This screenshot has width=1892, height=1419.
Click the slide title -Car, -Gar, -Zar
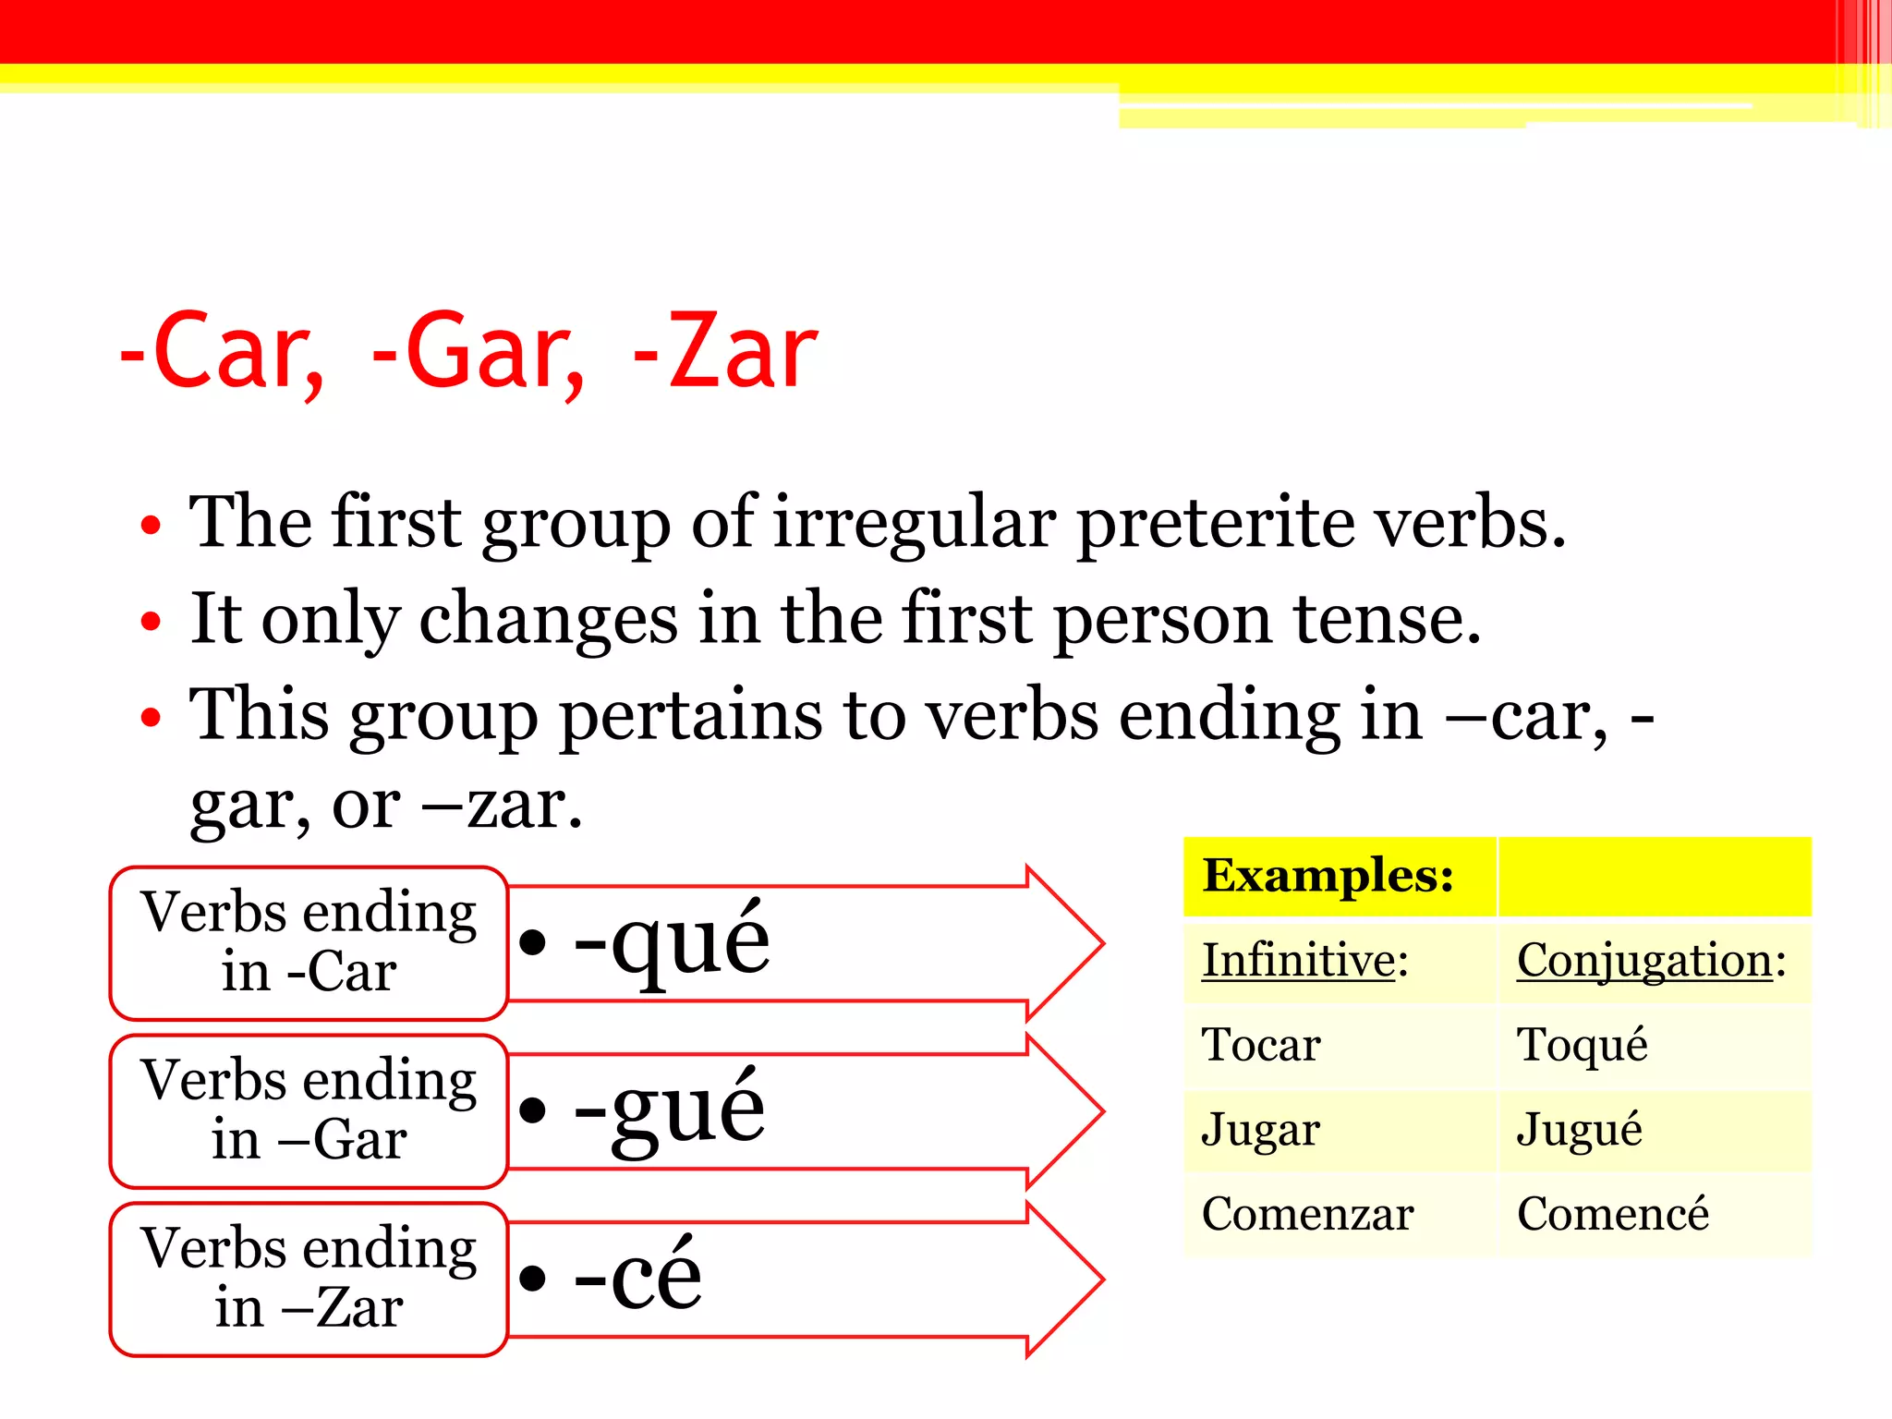coord(468,352)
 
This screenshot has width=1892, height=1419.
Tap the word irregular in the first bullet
coord(914,523)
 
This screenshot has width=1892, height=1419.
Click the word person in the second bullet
coord(1162,619)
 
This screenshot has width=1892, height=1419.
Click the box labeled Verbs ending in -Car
coord(309,942)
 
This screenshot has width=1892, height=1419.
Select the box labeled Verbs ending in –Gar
coord(309,1110)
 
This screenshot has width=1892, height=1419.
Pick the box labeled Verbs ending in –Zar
coord(309,1279)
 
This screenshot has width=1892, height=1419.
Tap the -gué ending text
coord(670,1109)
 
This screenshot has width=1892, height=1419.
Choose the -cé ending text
coord(637,1277)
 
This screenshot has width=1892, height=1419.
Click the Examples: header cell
coord(1328,876)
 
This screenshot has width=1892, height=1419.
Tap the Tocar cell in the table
coord(1261,1046)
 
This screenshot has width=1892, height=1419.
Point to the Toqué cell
coord(1582,1046)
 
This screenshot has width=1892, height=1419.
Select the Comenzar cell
coord(1307,1215)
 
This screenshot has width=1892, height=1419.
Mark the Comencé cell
coord(1613,1215)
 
